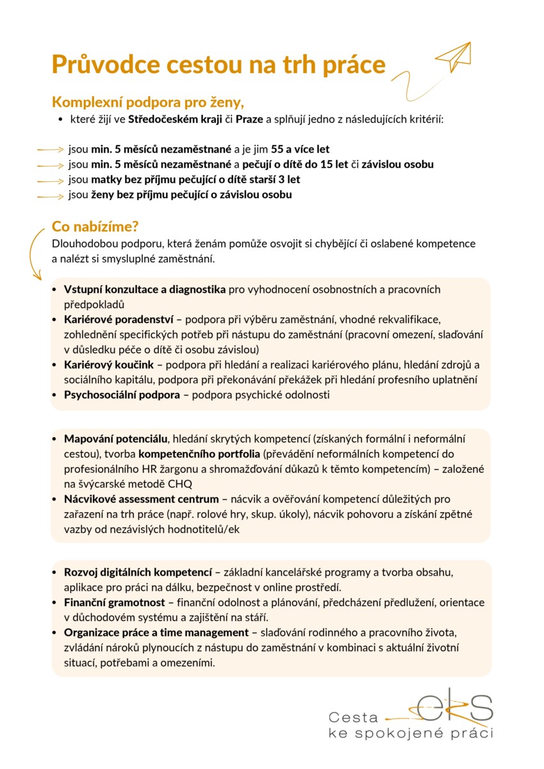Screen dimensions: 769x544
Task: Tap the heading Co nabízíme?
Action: tap(95, 227)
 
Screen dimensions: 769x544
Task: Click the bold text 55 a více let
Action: tap(301, 149)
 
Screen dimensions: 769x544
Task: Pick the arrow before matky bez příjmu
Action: tap(51, 180)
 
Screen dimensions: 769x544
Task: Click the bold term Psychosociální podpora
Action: tap(122, 395)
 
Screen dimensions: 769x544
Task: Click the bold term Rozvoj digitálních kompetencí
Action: tap(138, 572)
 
